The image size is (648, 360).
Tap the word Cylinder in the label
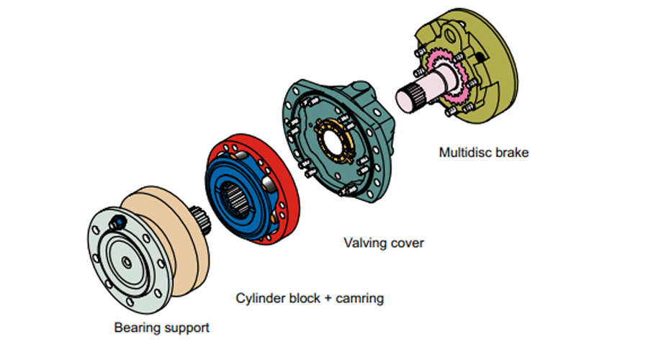(261, 298)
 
